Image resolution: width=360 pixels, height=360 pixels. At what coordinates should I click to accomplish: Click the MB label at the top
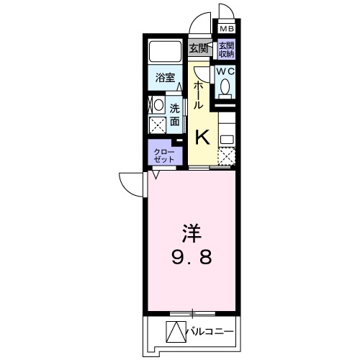pyautogui.click(x=227, y=29)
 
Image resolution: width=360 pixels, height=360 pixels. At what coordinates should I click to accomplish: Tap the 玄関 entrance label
pyautogui.click(x=199, y=49)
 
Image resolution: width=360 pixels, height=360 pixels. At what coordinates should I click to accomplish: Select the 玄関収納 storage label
pyautogui.click(x=227, y=49)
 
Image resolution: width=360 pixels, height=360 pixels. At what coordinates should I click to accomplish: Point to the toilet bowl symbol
pyautogui.click(x=226, y=88)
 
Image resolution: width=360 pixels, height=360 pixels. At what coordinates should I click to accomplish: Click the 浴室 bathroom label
pyautogui.click(x=166, y=78)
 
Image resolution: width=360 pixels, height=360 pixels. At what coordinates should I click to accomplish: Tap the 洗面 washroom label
pyautogui.click(x=175, y=114)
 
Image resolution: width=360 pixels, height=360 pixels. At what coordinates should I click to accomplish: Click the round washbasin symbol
pyautogui.click(x=158, y=104)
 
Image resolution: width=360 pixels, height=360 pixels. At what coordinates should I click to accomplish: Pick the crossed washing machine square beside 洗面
pyautogui.click(x=158, y=123)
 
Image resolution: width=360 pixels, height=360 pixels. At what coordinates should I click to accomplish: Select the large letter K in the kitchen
pyautogui.click(x=203, y=135)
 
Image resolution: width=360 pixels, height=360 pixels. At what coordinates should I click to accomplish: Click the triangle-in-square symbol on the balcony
pyautogui.click(x=176, y=333)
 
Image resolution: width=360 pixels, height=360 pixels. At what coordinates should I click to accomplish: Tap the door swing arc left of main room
pyautogui.click(x=132, y=184)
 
